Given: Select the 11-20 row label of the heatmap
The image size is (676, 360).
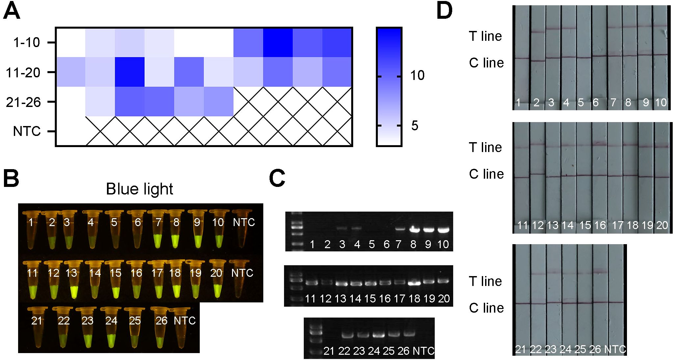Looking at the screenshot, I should point(23,72).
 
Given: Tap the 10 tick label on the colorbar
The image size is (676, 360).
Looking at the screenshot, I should point(417,76).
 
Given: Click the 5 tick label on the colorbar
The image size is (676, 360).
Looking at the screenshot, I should point(415,126).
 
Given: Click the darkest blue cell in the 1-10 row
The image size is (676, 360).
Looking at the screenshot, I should point(278,42).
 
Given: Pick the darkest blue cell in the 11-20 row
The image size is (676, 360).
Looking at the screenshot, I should point(129,72).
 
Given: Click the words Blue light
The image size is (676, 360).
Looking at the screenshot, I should point(140,189).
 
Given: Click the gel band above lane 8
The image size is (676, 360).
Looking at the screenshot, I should point(413,230).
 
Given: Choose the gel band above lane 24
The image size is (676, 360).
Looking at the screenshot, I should point(378,335).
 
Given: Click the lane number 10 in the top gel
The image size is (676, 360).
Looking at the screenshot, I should point(443,244).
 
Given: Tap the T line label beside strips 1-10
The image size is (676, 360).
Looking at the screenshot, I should point(485,36).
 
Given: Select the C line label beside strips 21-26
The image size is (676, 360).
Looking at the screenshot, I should point(486,308).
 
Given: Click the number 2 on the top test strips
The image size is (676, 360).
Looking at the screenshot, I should point(536,103).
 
